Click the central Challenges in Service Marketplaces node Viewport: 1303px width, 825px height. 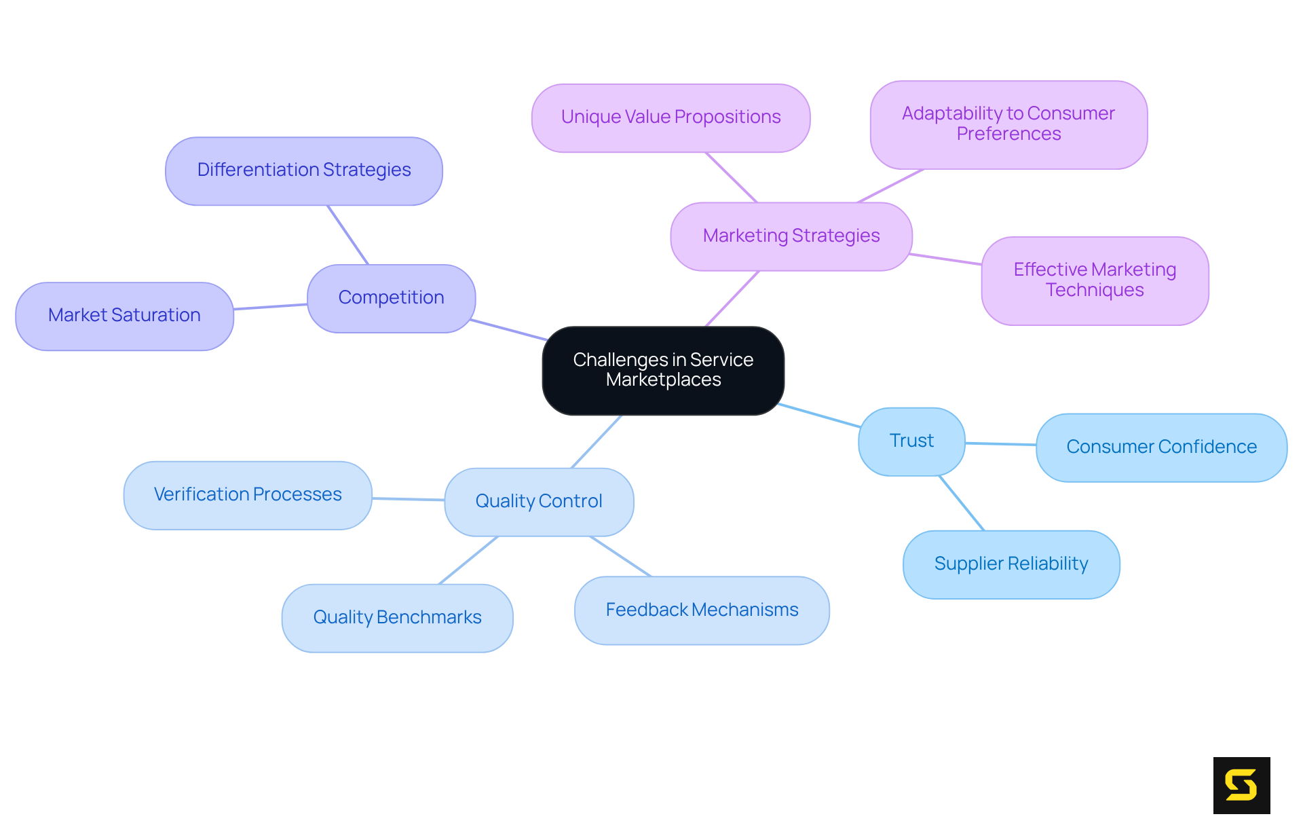click(663, 370)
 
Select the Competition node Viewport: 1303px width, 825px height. click(391, 298)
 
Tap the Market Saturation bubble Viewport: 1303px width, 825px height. click(124, 316)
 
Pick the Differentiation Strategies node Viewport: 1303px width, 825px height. click(303, 170)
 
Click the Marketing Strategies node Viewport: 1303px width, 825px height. click(791, 236)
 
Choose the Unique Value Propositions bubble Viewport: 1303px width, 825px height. click(671, 117)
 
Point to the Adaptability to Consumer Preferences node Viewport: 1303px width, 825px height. click(1008, 124)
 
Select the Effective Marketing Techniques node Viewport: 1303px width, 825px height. click(1094, 280)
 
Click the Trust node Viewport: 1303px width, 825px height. click(911, 441)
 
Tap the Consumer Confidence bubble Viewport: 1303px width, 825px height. click(1160, 447)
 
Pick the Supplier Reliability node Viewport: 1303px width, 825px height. click(1011, 564)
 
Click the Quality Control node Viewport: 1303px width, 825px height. click(539, 502)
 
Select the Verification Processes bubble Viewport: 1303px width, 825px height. click(248, 495)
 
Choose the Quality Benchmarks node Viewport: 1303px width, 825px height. click(397, 618)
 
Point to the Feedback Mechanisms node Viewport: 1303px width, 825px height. click(702, 610)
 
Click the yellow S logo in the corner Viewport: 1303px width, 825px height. click(1241, 785)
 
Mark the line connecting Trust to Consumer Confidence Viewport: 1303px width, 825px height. click(1000, 444)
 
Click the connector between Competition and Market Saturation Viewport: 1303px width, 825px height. click(270, 307)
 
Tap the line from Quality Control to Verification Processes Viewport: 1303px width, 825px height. click(408, 499)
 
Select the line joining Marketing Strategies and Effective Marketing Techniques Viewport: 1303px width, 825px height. click(946, 259)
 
